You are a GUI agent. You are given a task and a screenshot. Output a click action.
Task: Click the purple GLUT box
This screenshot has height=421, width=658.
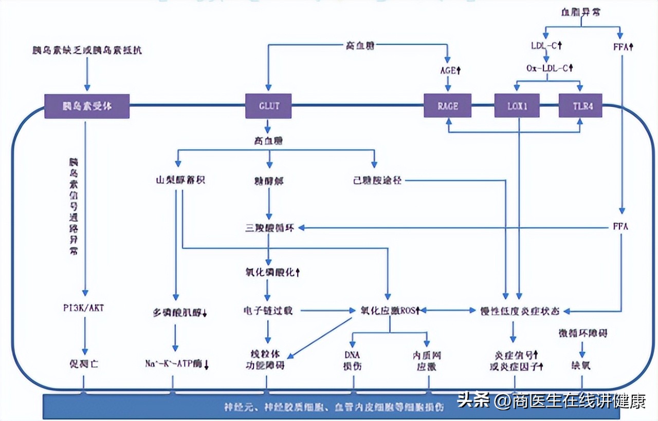point(268,106)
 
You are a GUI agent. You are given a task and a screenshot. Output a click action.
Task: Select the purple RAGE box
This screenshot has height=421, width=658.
point(447,106)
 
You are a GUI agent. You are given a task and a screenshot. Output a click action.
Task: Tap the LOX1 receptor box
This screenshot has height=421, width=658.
point(518,106)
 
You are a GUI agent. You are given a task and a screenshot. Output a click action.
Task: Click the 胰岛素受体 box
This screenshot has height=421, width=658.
point(87,106)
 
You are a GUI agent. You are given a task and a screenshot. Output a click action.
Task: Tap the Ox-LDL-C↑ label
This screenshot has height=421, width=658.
point(549,68)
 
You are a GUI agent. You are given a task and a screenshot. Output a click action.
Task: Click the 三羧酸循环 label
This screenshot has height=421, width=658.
point(269,227)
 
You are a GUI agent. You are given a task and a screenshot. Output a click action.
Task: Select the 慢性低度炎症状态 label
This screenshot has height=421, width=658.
point(519,311)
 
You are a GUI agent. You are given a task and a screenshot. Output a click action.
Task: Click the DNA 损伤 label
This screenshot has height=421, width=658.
point(353,360)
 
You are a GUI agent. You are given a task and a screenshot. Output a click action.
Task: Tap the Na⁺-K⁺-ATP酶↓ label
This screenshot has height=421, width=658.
point(177,365)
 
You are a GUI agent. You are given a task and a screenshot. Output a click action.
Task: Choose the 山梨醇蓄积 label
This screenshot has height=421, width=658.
point(176,181)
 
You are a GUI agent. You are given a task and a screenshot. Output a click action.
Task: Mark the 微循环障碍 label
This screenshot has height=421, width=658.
point(582,333)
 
